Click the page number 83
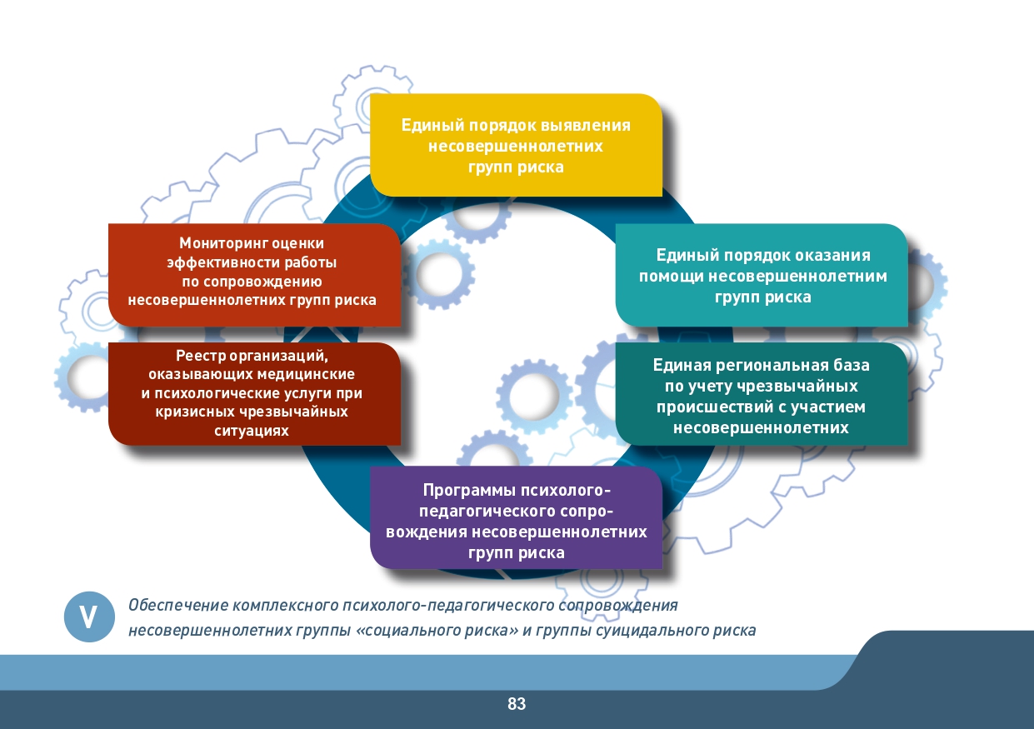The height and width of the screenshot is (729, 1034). pyautogui.click(x=517, y=704)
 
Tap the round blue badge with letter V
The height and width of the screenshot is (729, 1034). pyautogui.click(x=89, y=617)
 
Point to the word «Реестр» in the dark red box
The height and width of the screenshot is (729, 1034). pyautogui.click(x=201, y=356)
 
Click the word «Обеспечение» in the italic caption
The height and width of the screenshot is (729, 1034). pyautogui.click(x=177, y=605)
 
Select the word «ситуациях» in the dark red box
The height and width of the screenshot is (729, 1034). pyautogui.click(x=252, y=432)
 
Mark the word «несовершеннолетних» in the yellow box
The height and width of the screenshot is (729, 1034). pyautogui.click(x=516, y=147)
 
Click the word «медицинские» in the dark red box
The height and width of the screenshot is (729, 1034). pyautogui.click(x=306, y=374)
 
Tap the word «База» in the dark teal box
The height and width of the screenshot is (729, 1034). pyautogui.click(x=852, y=366)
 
